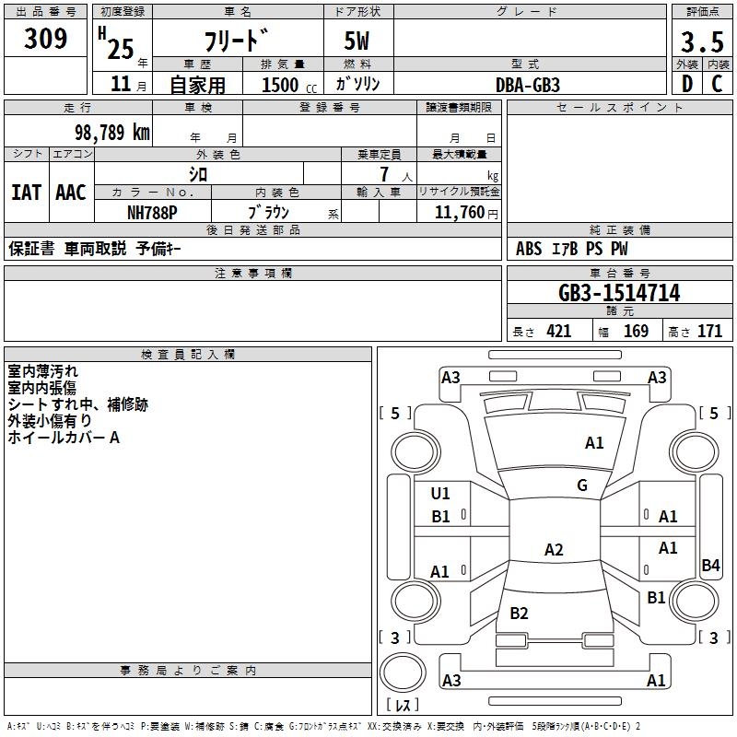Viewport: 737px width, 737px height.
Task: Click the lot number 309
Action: click(x=46, y=39)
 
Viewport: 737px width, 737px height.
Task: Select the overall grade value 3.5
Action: click(x=702, y=42)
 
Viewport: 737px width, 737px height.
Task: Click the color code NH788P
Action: click(x=152, y=212)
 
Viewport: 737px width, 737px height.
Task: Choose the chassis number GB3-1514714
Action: click(x=619, y=294)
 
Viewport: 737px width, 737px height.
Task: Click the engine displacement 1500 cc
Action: click(x=287, y=85)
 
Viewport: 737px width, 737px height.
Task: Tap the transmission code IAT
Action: click(x=26, y=193)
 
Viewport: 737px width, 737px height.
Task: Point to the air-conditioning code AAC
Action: click(x=70, y=193)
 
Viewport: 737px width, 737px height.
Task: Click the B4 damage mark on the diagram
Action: click(x=710, y=566)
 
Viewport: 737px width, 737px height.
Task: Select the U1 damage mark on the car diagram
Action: click(x=440, y=494)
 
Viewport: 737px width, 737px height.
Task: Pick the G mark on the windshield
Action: click(x=582, y=485)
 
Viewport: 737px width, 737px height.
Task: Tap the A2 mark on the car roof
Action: click(x=554, y=550)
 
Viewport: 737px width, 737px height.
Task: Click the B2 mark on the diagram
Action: click(x=519, y=614)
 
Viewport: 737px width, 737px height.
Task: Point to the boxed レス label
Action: click(x=406, y=705)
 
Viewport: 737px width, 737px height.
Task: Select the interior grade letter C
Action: click(x=717, y=84)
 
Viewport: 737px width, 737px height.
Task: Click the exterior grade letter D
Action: click(x=686, y=84)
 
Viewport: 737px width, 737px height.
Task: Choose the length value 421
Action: click(x=558, y=332)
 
